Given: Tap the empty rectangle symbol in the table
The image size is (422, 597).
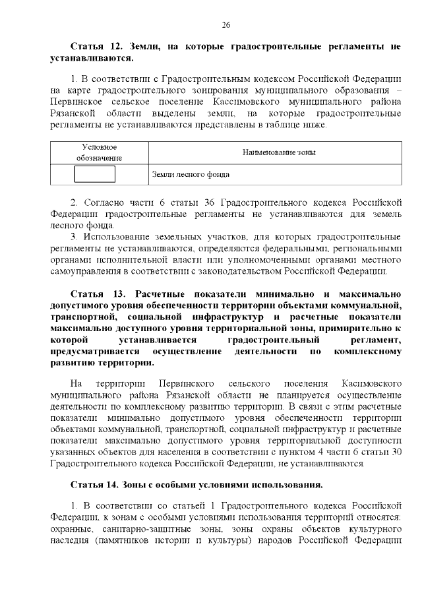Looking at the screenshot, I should [x=95, y=174].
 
